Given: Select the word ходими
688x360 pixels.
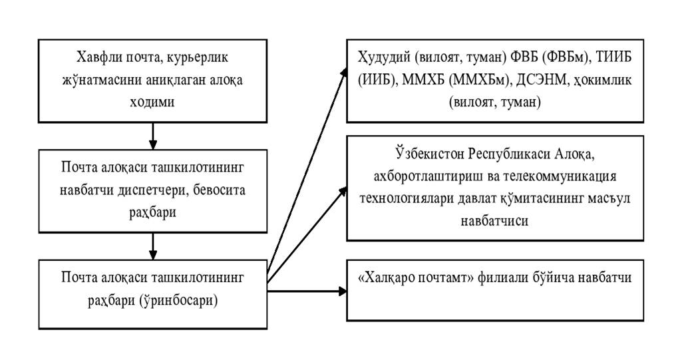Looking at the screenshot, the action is click(152, 102).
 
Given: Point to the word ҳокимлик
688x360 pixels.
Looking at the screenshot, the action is click(602, 80).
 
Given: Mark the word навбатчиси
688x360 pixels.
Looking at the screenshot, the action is click(494, 220).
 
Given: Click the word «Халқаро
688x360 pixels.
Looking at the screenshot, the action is click(384, 278).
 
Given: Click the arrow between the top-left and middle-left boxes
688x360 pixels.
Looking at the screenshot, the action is click(152, 136).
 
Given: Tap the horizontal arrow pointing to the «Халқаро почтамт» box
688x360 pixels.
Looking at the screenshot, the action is click(307, 291).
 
